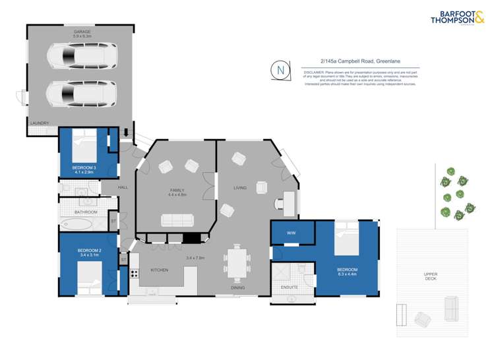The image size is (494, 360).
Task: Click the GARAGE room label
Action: tap(82, 33)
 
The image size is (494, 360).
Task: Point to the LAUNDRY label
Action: tap(40, 123)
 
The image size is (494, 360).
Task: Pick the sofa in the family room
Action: tap(177, 220)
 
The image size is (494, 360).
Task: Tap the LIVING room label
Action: tap(239, 188)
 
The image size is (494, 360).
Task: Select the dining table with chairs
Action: tap(236, 262)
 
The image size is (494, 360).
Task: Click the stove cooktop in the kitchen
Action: tap(134, 273)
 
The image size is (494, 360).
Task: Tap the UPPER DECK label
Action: tap(431, 276)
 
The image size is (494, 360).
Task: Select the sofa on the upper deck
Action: tap(452, 307)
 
